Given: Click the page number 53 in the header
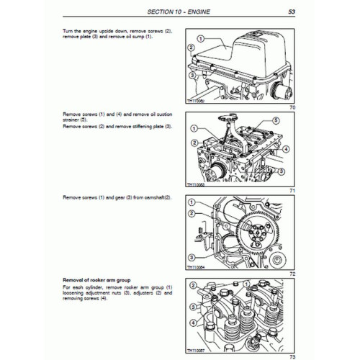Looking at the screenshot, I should click(x=291, y=12).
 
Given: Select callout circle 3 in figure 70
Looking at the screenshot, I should click(x=192, y=74).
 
